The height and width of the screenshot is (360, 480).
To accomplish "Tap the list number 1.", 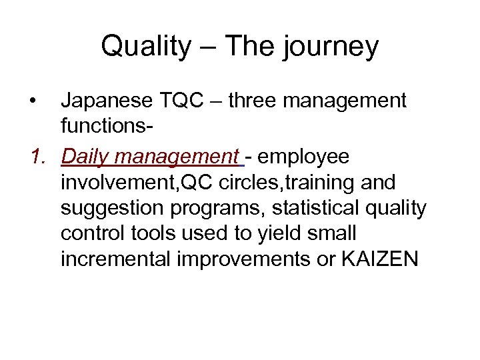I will coord(39,157).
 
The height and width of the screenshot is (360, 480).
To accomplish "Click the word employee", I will coord(303,158).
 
